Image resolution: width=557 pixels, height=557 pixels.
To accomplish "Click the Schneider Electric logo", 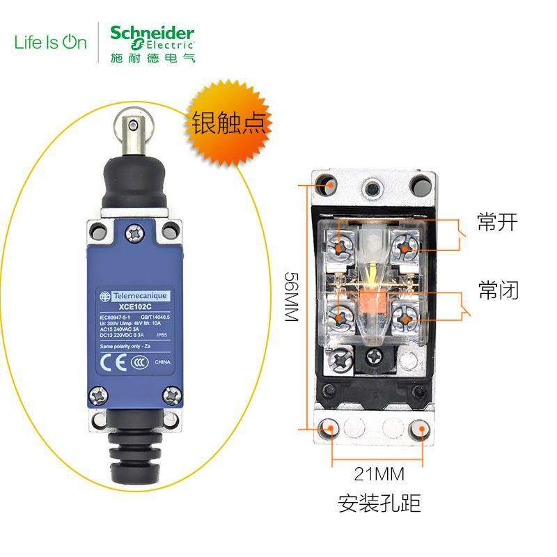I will [x=152, y=42].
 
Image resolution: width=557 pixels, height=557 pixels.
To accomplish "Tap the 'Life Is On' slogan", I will [x=51, y=42].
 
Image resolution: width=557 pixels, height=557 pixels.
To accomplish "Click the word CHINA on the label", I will [x=162, y=363].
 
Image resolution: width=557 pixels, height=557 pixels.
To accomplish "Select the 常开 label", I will [x=497, y=223].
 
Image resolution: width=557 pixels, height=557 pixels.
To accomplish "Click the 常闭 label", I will [x=497, y=290].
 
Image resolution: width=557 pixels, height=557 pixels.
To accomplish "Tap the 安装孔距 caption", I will [x=379, y=503].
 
